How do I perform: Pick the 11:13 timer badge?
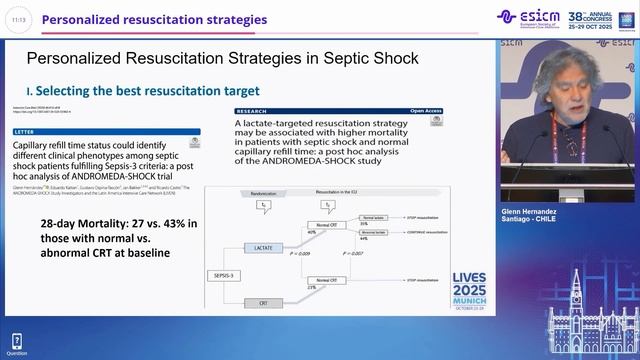click(x=20, y=19)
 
